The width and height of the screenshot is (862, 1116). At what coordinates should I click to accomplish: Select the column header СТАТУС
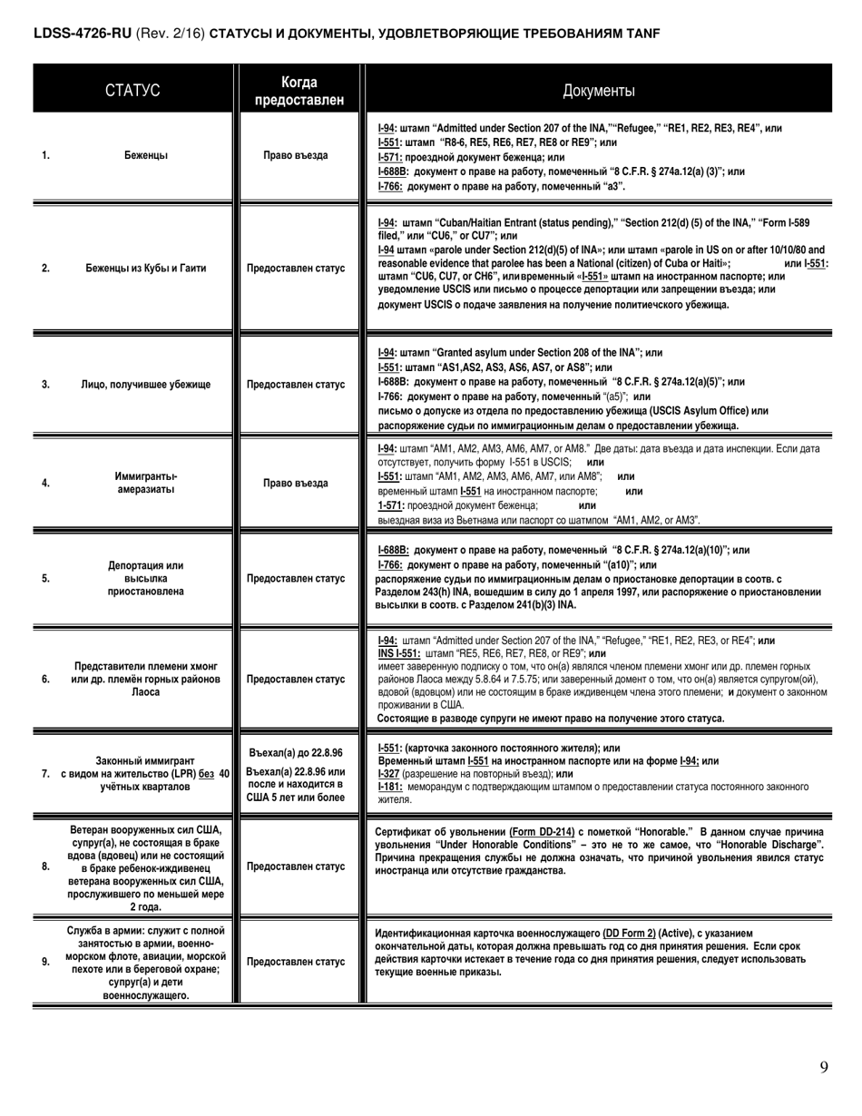[x=132, y=91]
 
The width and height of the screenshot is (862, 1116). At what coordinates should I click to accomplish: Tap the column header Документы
[x=599, y=91]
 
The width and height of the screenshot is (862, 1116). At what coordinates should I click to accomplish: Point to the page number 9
[x=824, y=1067]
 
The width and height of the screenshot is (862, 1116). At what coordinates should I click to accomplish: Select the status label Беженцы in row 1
[x=145, y=155]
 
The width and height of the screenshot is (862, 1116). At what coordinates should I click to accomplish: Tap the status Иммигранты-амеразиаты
[x=146, y=483]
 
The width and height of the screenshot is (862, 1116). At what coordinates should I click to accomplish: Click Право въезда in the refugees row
[x=296, y=155]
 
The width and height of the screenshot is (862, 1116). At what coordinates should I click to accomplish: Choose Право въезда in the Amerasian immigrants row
[x=296, y=483]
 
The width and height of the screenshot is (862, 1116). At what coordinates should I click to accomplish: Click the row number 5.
[x=45, y=578]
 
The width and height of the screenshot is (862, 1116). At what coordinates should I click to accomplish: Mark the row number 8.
[x=45, y=866]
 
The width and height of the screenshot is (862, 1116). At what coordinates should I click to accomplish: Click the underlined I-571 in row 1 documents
[x=391, y=157]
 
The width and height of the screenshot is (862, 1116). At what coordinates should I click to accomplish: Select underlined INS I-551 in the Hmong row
[x=399, y=653]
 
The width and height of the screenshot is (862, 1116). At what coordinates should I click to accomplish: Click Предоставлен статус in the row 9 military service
[x=296, y=961]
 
